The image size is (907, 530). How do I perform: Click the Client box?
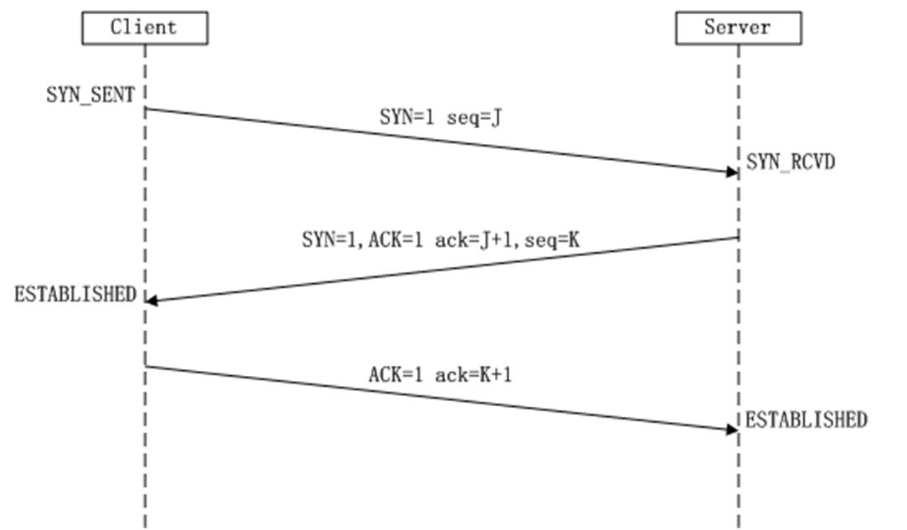(x=144, y=28)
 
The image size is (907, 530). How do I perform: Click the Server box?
(x=738, y=28)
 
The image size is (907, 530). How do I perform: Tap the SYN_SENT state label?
(x=90, y=95)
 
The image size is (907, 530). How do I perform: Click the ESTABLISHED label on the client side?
(x=75, y=294)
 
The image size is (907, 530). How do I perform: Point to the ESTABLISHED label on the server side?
(x=806, y=419)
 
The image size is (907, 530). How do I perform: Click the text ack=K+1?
(x=474, y=375)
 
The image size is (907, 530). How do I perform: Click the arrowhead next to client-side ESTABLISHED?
(x=152, y=301)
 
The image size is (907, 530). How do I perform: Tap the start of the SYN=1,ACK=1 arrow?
(x=737, y=239)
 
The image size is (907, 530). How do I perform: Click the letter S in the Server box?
(x=709, y=28)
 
